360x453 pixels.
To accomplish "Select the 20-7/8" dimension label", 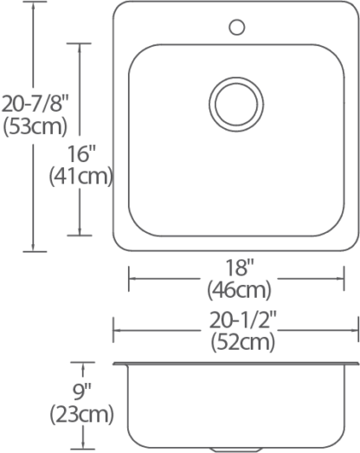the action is point(35,104).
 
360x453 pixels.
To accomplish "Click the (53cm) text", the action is point(35,126).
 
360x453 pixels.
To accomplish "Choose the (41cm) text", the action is point(80,176).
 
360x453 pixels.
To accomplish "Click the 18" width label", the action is point(240,268).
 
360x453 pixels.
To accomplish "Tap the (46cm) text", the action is point(240,290).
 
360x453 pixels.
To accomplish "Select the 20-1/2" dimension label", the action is point(243,320).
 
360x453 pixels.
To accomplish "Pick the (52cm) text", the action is point(243,342).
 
